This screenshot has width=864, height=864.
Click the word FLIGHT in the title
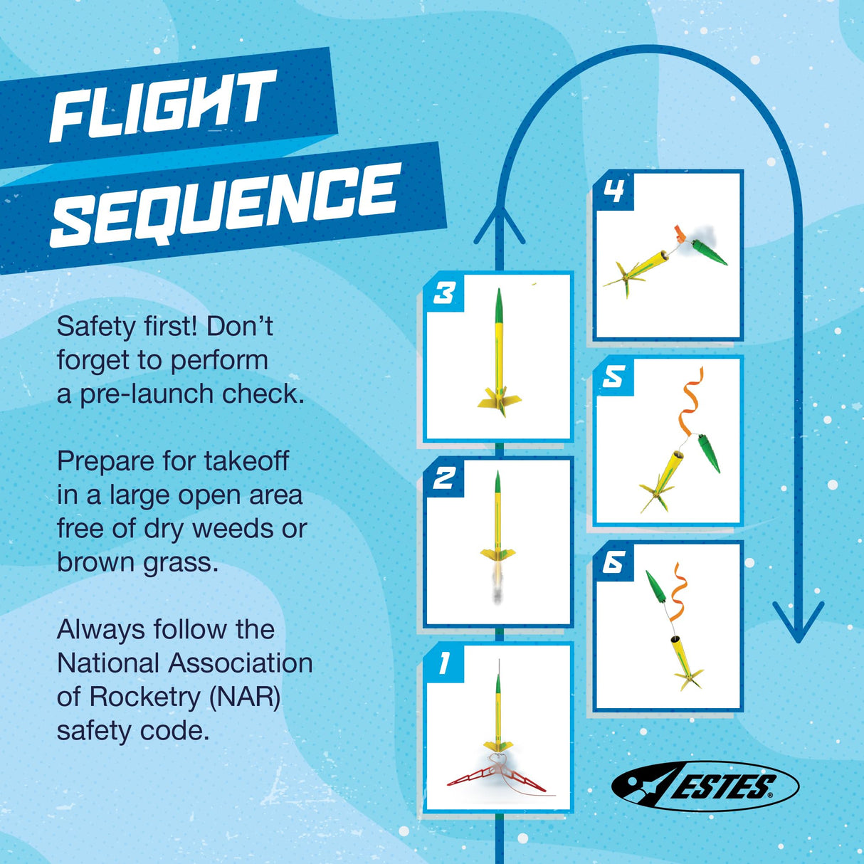pos(162,106)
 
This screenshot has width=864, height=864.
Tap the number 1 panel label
pos(444,663)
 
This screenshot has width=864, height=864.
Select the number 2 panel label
pos(444,478)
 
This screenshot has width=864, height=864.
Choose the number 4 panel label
pos(613,191)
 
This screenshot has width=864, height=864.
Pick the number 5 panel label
pos(613,376)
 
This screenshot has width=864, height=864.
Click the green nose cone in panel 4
pos(710,253)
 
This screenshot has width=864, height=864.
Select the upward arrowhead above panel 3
pos(500,224)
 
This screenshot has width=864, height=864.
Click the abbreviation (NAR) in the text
pos(243,696)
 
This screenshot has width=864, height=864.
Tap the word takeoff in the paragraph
pos(246,460)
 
